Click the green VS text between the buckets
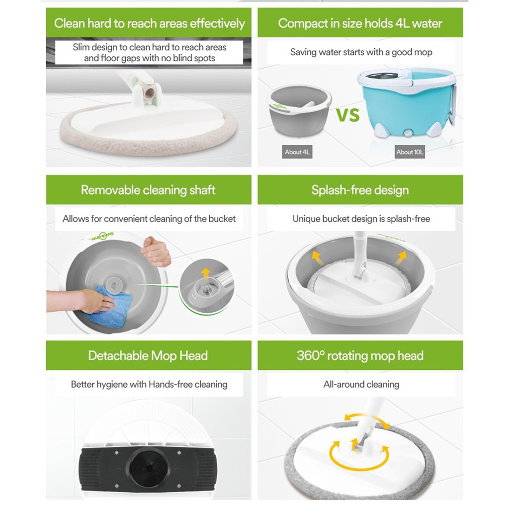[x=347, y=115]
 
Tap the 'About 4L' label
[x=297, y=152]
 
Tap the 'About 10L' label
[x=410, y=152]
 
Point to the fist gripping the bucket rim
[x=156, y=251]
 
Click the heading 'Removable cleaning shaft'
[x=148, y=190]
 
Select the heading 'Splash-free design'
[x=360, y=190]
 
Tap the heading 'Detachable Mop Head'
[x=148, y=355]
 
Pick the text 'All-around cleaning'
[x=361, y=384]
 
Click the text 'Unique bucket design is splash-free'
[x=361, y=219]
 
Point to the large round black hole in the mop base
[x=149, y=468]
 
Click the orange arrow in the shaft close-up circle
[x=205, y=273]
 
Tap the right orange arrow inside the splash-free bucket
[x=402, y=257]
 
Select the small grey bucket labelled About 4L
[x=300, y=110]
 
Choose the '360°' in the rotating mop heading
[x=311, y=355]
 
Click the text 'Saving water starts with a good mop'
[x=361, y=52]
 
